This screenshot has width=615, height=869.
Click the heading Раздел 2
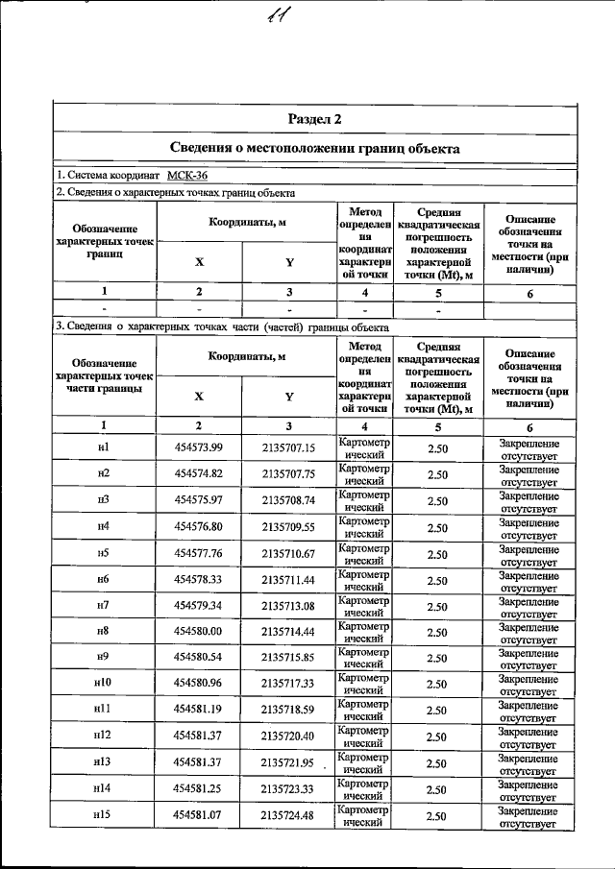[314, 119]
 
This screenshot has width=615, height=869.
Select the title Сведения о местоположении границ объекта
[314, 149]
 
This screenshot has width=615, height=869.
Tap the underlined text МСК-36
[186, 176]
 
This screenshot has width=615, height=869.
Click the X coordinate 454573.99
[199, 447]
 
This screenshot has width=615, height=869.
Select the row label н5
[103, 553]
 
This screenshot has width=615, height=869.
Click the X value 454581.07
[199, 815]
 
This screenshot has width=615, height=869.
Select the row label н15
[103, 815]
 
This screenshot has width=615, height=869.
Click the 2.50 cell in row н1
[437, 448]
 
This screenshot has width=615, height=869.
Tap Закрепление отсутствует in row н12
[529, 736]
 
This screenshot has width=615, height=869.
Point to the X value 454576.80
[199, 527]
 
